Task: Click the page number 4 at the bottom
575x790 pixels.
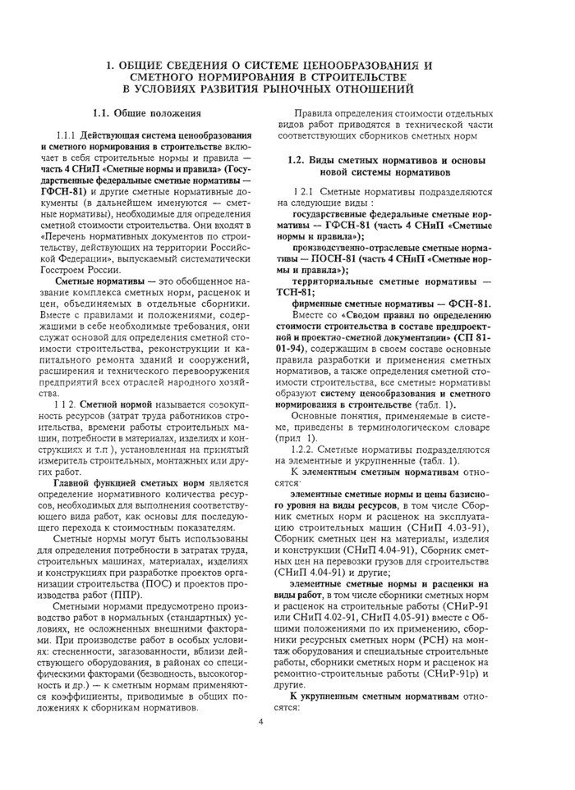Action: click(x=260, y=722)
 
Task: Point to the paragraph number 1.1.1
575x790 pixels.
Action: click(x=66, y=135)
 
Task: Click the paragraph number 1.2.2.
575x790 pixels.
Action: click(x=307, y=450)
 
